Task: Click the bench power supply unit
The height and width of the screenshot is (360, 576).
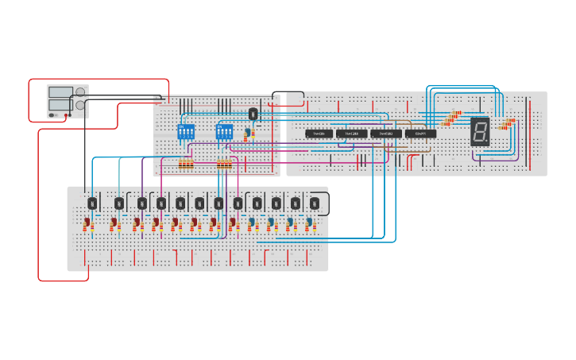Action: point(67,102)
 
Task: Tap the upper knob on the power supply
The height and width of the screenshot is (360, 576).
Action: point(80,92)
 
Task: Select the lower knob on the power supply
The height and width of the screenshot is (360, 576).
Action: point(80,105)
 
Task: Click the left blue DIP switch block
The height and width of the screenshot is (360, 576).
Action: point(185,131)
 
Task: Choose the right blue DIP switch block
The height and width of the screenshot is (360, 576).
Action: point(224,131)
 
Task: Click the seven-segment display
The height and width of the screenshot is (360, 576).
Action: point(479,131)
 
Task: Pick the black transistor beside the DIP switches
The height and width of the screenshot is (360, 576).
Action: point(253,114)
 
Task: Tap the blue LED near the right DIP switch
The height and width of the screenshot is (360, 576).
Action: point(248,133)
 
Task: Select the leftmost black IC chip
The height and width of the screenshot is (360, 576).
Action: point(319,134)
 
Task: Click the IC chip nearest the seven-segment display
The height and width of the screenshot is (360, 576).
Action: point(420,134)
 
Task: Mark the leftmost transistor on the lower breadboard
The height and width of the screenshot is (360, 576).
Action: point(92,203)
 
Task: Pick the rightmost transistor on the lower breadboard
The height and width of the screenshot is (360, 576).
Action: point(315,203)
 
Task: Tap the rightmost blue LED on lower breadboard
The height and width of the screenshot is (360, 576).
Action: point(308,223)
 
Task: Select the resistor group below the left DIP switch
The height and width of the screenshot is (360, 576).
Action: point(186,165)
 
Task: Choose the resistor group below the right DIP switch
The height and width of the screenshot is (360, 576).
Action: point(224,165)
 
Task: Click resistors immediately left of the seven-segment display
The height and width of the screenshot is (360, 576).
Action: point(453,118)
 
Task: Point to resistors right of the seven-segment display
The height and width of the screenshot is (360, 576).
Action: point(505,123)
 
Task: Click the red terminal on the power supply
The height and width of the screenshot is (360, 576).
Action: point(68,115)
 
